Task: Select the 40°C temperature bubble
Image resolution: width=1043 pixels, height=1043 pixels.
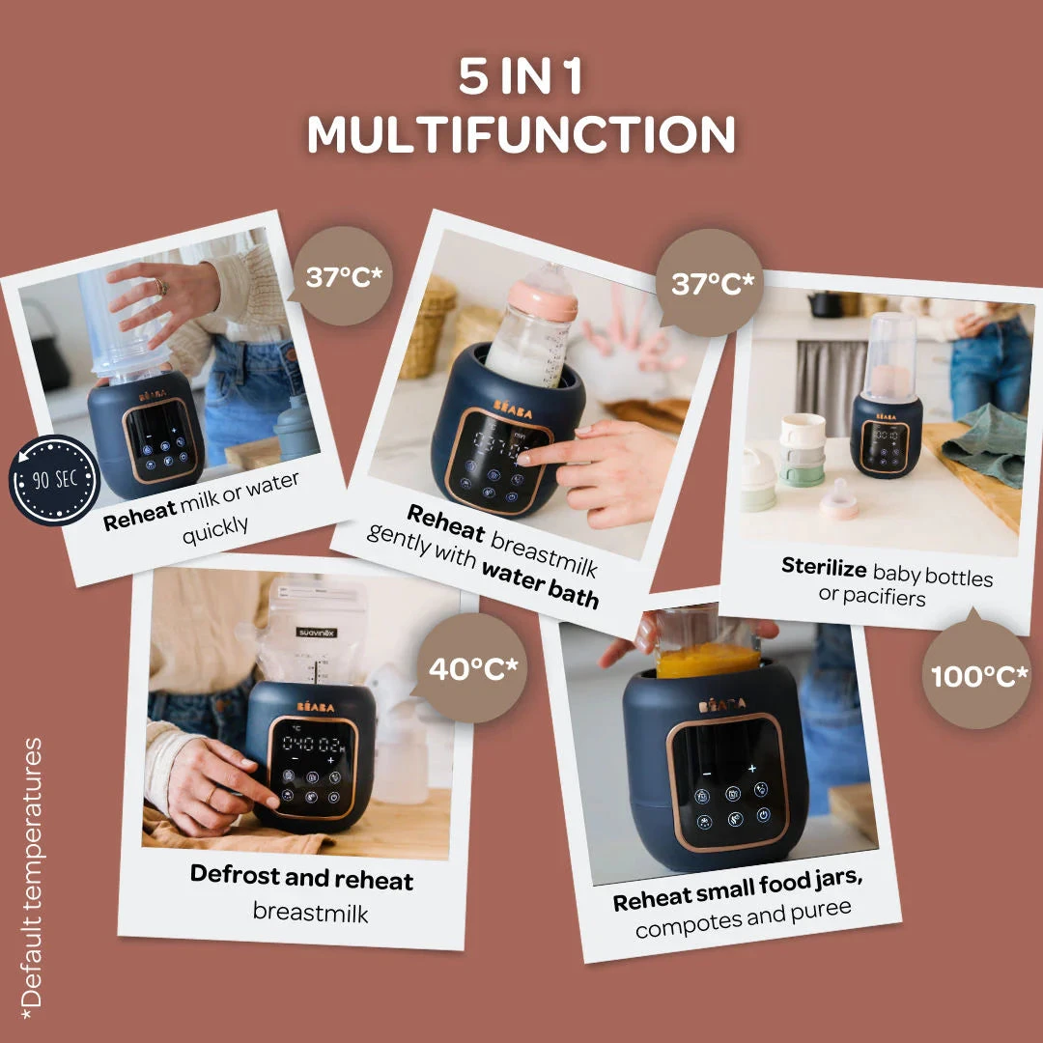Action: click(473, 668)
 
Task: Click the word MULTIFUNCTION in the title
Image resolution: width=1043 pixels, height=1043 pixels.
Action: click(521, 135)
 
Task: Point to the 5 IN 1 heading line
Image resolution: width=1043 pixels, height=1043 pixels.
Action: click(521, 77)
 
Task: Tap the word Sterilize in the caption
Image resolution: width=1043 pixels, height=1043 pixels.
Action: click(826, 567)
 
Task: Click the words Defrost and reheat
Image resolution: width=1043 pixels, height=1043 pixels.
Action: click(301, 878)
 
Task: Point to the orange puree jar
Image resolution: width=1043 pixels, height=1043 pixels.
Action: click(708, 659)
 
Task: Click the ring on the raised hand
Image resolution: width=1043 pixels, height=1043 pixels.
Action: click(161, 286)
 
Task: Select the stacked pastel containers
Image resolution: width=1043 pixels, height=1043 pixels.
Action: click(802, 449)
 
